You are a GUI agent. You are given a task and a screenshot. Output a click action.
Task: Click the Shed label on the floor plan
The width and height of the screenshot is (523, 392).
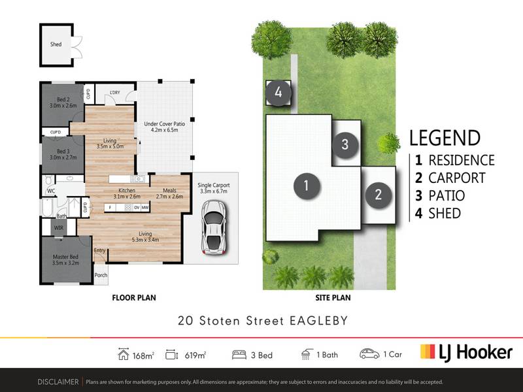click(56, 44)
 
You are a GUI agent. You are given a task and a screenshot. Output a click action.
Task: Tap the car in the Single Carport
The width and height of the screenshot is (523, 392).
click(214, 227)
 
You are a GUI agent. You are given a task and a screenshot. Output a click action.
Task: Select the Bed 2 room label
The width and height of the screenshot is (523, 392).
click(63, 99)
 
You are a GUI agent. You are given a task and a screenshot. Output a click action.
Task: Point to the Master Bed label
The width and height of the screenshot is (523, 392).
click(65, 257)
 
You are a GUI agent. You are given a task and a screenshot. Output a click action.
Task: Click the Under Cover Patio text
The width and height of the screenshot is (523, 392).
click(165, 123)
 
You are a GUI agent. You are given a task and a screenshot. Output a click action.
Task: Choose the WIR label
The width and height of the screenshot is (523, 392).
click(59, 228)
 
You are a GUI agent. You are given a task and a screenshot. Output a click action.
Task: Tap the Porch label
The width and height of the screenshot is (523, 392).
click(101, 275)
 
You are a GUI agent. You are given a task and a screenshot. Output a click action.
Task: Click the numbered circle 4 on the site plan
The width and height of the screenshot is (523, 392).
click(278, 93)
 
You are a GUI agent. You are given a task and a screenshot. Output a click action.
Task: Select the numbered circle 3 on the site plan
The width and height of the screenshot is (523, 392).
click(345, 144)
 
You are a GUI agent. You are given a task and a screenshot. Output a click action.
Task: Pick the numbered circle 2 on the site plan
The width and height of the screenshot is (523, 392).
click(379, 195)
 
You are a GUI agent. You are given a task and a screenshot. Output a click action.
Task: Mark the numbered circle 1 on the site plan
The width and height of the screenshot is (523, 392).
click(307, 186)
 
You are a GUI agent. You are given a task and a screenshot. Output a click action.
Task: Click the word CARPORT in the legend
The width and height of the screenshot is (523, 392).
click(456, 178)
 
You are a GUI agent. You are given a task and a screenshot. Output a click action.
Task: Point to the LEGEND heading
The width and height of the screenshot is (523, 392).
click(445, 138)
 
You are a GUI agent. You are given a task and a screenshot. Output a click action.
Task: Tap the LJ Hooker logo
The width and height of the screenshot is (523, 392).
click(466, 353)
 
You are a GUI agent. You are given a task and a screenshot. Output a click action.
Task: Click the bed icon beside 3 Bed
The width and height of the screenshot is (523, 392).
click(239, 355)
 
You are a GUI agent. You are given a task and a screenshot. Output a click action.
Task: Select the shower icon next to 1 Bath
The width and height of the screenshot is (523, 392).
click(307, 354)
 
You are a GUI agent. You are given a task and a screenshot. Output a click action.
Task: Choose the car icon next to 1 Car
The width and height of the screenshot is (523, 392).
click(369, 354)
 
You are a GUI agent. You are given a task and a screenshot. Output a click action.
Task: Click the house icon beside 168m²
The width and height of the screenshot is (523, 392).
click(124, 354)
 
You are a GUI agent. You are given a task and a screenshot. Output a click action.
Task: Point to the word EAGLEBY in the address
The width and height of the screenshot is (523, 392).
click(318, 321)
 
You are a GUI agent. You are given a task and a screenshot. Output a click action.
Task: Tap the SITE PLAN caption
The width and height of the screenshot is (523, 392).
click(333, 298)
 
